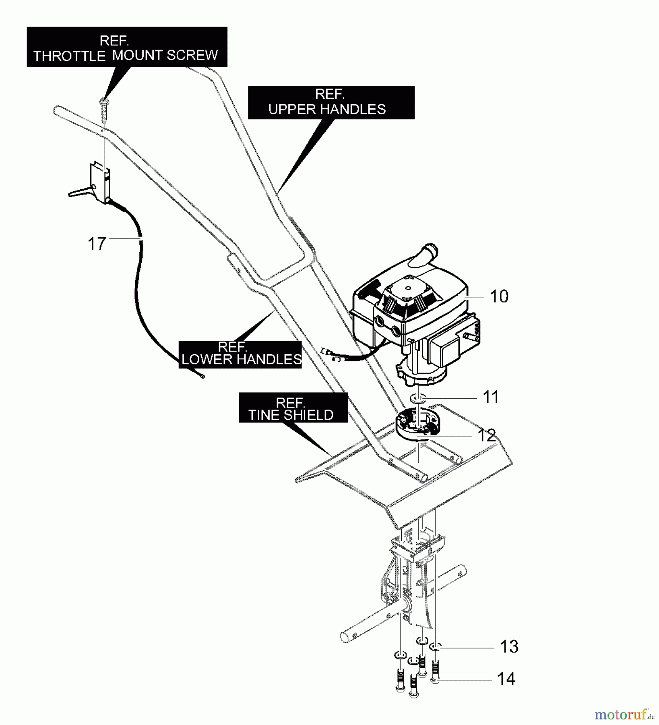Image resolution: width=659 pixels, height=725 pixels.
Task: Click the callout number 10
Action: [499, 296]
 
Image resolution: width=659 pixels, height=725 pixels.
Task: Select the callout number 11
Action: [490, 397]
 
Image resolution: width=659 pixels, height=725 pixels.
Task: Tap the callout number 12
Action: [487, 436]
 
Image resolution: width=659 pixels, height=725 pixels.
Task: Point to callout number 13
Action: [509, 647]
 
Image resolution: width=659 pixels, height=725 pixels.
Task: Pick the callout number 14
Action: [506, 679]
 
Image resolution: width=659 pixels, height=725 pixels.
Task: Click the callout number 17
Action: [97, 244]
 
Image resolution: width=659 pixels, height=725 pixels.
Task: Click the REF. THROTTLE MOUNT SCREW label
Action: [127, 47]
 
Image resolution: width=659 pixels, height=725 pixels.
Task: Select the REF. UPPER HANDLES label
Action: [331, 102]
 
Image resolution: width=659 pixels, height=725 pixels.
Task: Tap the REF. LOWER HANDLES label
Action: [240, 354]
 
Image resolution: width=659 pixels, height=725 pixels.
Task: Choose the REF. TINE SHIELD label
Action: [293, 408]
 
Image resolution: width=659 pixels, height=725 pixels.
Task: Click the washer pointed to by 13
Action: [435, 647]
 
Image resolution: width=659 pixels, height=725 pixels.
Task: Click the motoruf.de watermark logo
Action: [623, 715]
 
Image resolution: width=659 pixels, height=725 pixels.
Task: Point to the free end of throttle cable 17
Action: [202, 377]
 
